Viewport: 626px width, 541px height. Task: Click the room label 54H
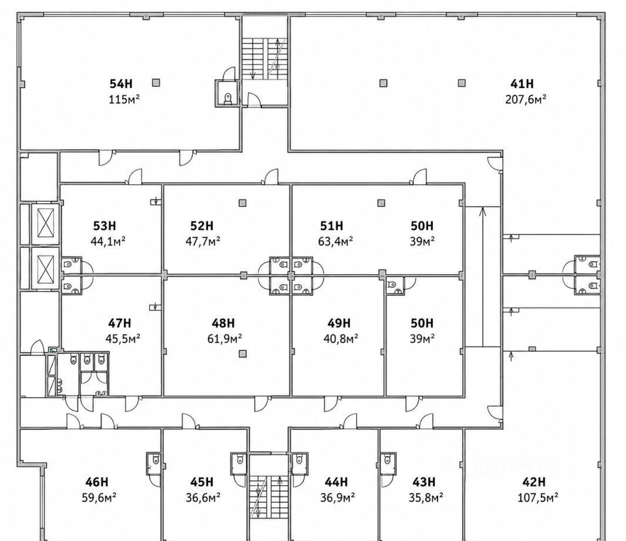pyautogui.click(x=121, y=84)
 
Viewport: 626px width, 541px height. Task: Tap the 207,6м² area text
pyautogui.click(x=526, y=99)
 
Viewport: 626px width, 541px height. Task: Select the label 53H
pyautogui.click(x=105, y=226)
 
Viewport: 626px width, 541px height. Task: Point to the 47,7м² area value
pyautogui.click(x=203, y=241)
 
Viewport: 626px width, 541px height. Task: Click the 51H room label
pyautogui.click(x=332, y=226)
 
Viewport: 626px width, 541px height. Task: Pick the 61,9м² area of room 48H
pyautogui.click(x=225, y=338)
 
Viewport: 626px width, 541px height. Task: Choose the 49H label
pyautogui.click(x=339, y=323)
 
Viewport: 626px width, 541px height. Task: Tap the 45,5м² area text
pyautogui.click(x=123, y=338)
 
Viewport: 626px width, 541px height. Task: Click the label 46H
pyautogui.click(x=97, y=482)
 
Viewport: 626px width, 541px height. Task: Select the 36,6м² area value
pyautogui.click(x=203, y=498)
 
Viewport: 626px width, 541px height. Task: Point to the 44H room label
pyautogui.click(x=336, y=482)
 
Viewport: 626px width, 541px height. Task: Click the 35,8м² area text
pyautogui.click(x=426, y=498)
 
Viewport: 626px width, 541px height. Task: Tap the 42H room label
pyautogui.click(x=534, y=482)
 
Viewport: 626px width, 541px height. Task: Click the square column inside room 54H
pyautogui.click(x=156, y=83)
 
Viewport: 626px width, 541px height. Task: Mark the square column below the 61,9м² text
pyautogui.click(x=243, y=354)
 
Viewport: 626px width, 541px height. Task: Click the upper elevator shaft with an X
pyautogui.click(x=45, y=223)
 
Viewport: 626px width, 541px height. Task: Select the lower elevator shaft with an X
pyautogui.click(x=45, y=267)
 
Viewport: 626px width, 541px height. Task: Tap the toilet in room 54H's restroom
pyautogui.click(x=228, y=99)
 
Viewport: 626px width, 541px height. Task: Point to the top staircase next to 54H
pyautogui.click(x=265, y=59)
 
